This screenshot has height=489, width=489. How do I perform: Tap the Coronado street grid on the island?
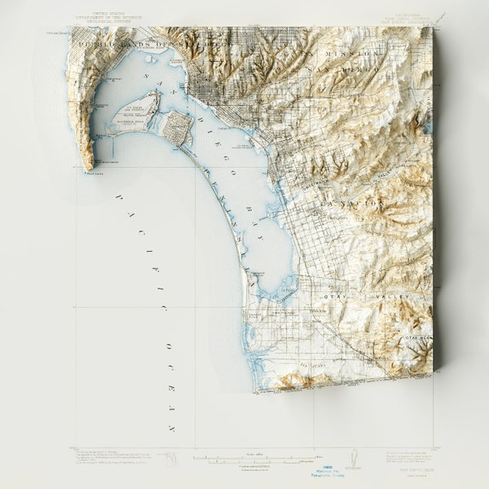[x=178, y=127]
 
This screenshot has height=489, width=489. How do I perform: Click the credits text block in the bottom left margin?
[x=110, y=458]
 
